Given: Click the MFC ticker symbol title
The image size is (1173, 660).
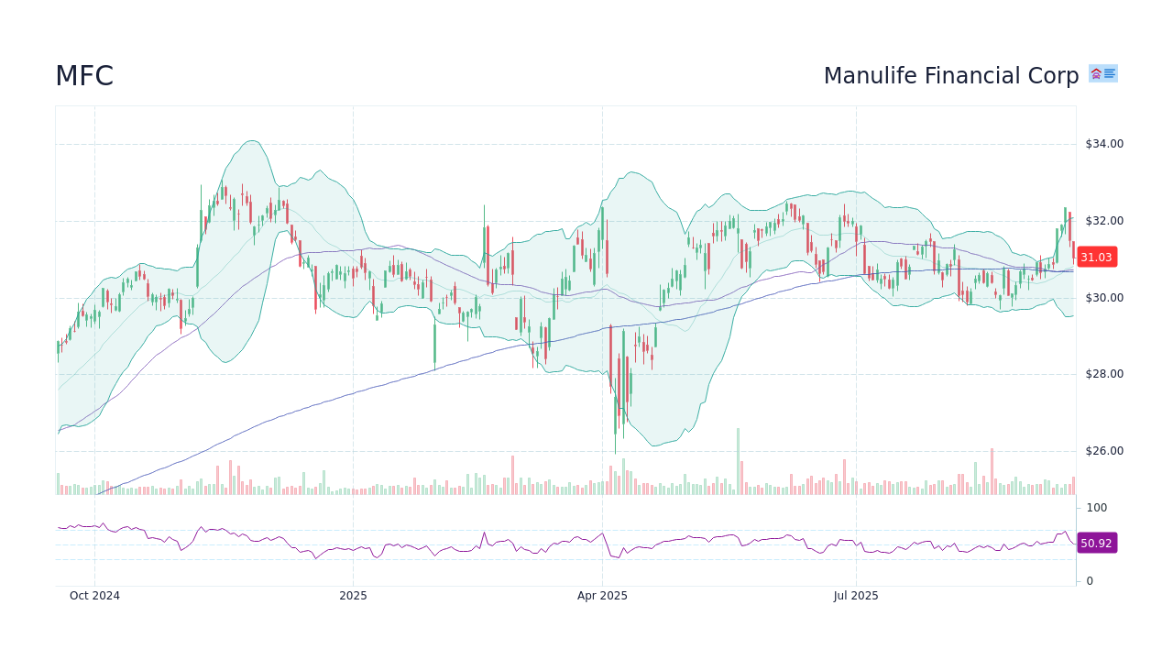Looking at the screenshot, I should pos(84,76).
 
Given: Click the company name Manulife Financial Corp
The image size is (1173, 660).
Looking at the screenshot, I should pos(950,76).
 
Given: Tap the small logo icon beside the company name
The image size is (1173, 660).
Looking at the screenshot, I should pos(1102,73).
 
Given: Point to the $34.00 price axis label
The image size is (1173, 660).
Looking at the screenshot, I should pos(1103,144).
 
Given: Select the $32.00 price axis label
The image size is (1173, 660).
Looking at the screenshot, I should pos(1103,221).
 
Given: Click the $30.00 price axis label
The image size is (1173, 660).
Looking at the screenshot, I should pos(1103,298).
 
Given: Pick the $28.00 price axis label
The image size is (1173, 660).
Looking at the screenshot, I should pos(1103,374).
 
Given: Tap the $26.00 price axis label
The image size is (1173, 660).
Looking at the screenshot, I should pos(1103,451).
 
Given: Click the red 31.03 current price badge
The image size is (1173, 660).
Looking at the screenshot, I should pos(1096,258).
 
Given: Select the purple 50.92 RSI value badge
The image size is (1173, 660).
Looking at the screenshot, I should pos(1096,544).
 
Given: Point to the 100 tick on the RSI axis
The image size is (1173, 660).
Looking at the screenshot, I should pos(1097,508).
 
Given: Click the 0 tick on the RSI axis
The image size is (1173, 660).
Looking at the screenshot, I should pos(1090,581).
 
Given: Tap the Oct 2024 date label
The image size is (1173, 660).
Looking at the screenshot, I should pos(94,596).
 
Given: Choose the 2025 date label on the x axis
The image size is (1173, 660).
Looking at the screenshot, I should pos(353,596).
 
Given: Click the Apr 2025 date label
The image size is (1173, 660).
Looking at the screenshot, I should pos(602,596).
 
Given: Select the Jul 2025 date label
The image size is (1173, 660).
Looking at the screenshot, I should pos(856,596).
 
